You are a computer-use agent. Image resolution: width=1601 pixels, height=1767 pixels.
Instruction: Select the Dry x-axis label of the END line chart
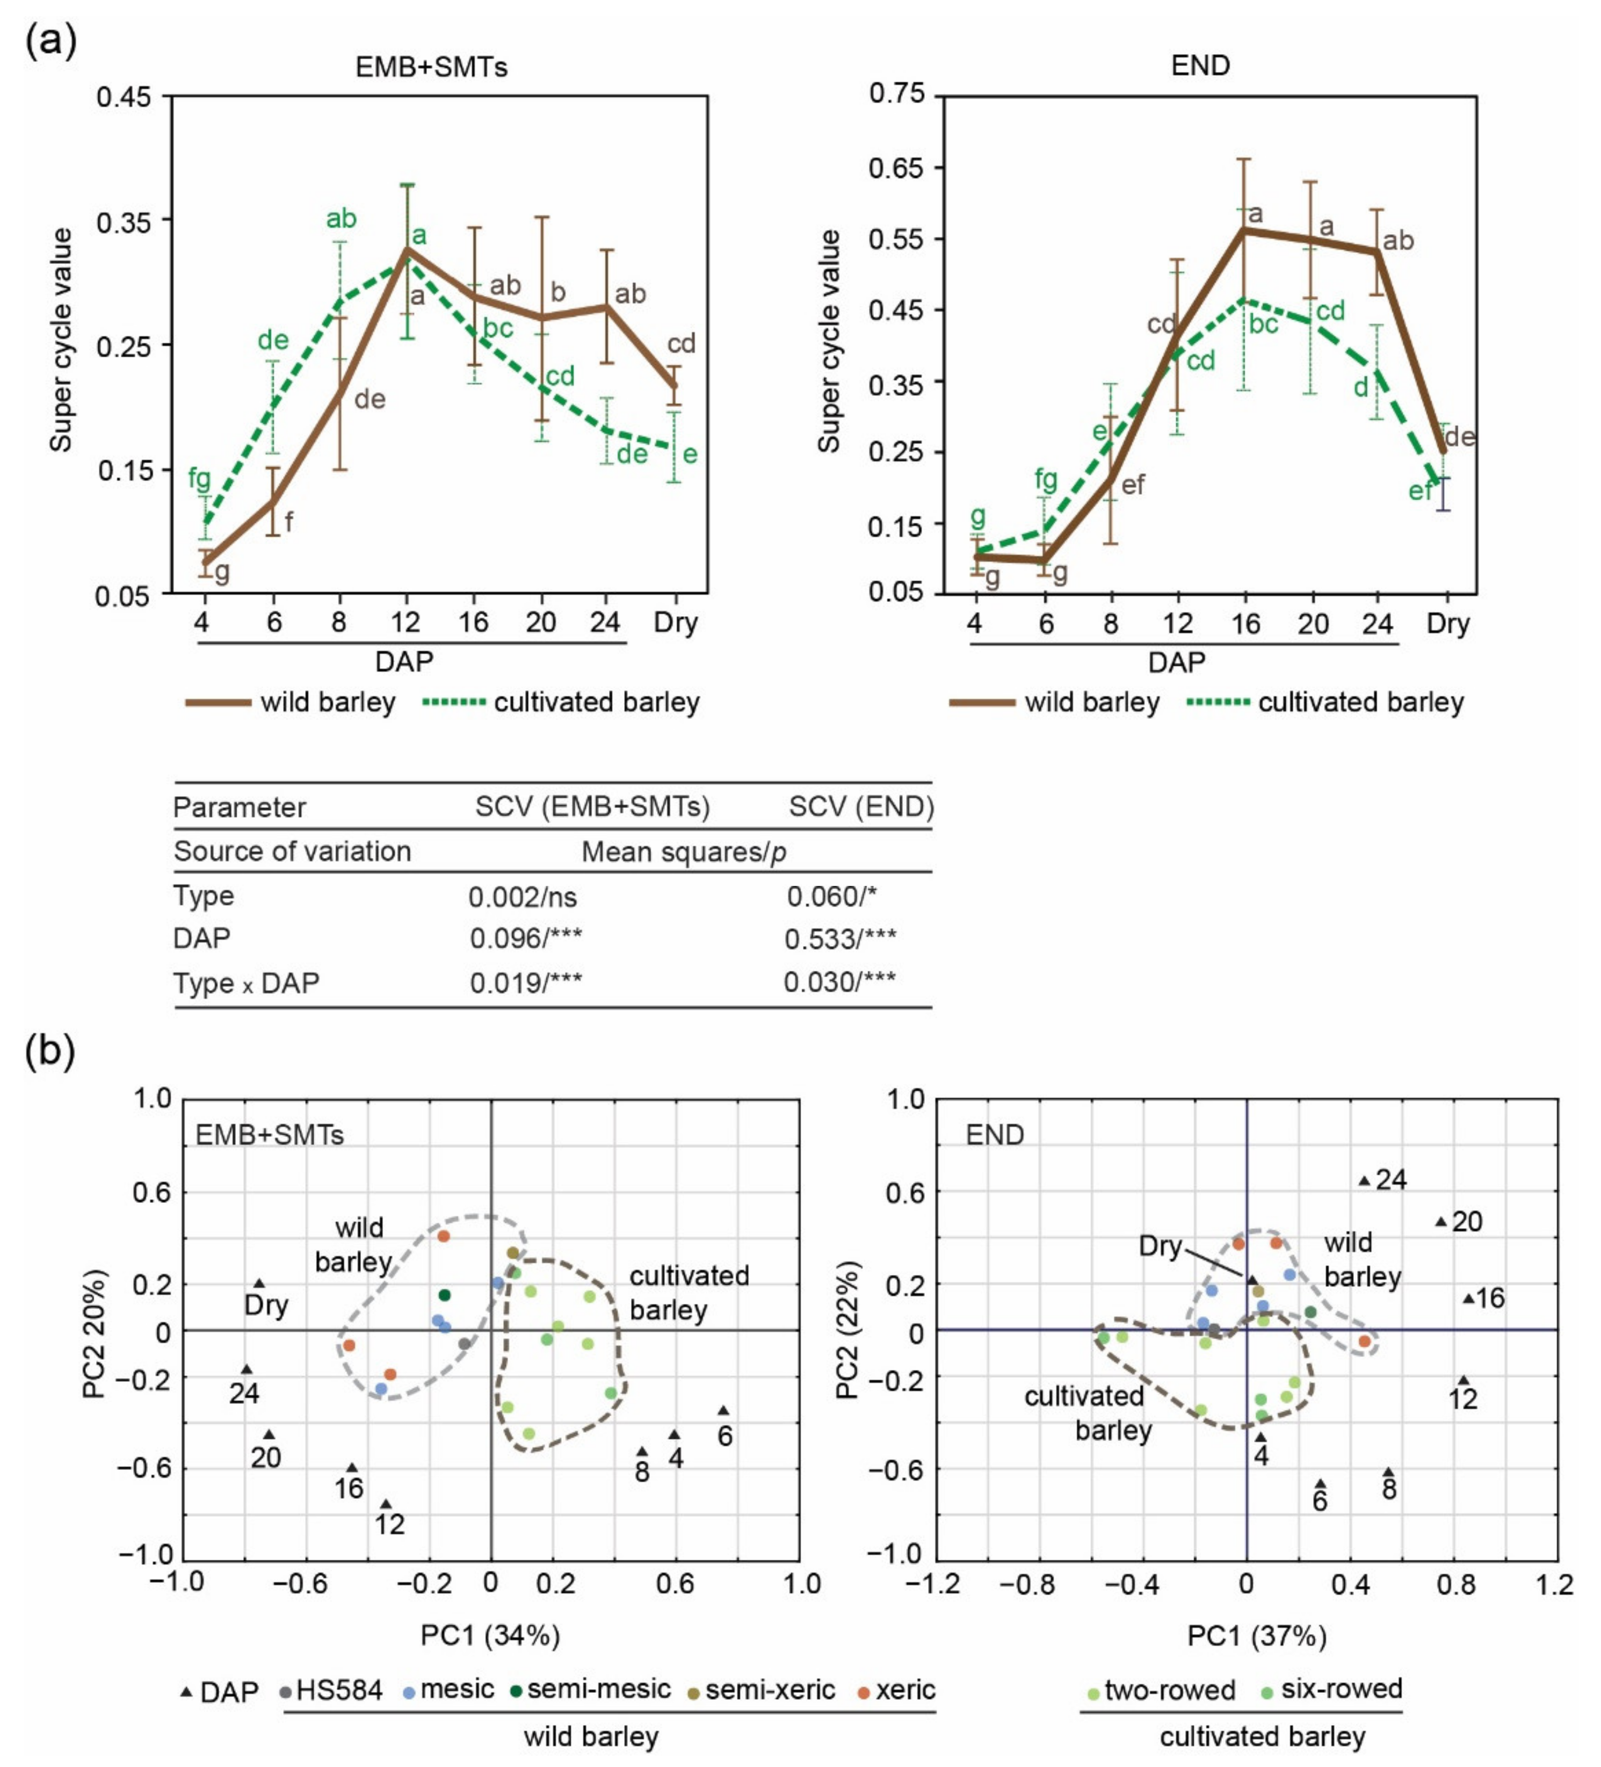point(1447,624)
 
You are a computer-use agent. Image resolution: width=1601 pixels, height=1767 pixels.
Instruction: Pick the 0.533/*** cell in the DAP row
point(839,939)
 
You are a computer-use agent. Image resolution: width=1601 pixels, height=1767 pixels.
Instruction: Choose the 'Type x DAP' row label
point(246,983)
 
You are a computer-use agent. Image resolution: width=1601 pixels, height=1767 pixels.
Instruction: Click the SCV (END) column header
point(860,806)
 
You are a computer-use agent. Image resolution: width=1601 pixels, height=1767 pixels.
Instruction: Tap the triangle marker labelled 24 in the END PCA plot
point(1364,1181)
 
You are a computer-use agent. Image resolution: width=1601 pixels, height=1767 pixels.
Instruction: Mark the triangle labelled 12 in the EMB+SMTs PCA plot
point(386,1504)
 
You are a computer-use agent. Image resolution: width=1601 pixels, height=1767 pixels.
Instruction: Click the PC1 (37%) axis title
point(1256,1635)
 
